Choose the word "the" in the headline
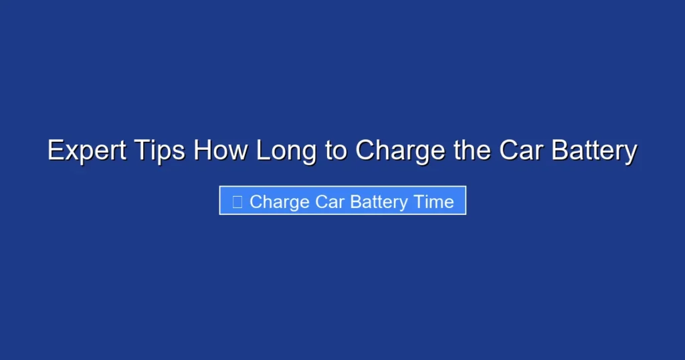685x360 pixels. (472, 151)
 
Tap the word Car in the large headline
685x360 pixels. (523, 151)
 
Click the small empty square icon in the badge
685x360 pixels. (237, 202)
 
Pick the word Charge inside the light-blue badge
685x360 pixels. (280, 202)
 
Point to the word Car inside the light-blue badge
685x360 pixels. (329, 202)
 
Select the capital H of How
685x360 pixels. (203, 151)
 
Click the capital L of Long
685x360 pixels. (264, 151)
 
